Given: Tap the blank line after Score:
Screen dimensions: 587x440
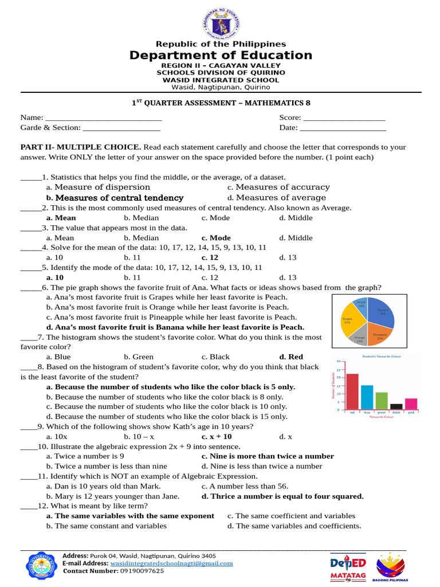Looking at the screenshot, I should pos(344,118).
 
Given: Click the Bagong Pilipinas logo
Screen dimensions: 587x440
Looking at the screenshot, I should pos(392,567).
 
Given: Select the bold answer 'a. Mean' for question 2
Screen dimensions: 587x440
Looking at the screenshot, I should pos(61,218).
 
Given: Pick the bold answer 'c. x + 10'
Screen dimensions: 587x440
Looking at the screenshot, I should pos(217,436).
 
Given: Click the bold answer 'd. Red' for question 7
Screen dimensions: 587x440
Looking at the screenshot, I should pos(291,357).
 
